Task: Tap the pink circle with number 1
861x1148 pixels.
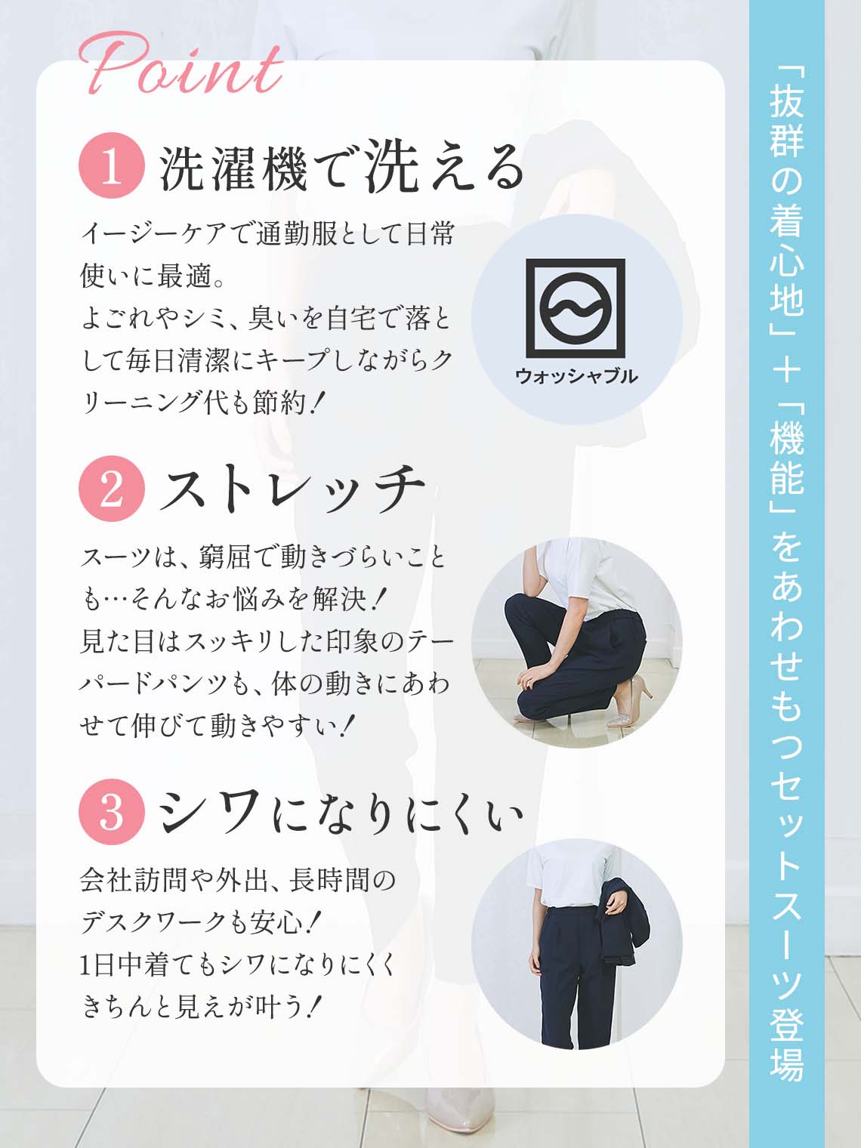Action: (111, 165)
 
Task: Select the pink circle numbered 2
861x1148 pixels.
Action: (111, 489)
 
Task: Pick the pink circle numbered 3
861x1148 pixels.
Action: (111, 812)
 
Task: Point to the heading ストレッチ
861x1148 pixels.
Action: (292, 489)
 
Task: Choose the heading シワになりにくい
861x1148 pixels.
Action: (341, 812)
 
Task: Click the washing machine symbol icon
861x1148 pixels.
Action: (576, 307)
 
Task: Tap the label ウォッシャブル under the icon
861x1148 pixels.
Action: (576, 376)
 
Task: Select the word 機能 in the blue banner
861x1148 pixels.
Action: (786, 460)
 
